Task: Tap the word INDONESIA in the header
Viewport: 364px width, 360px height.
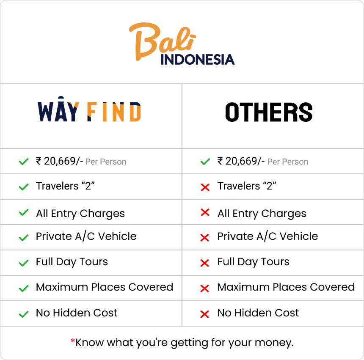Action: coord(198,59)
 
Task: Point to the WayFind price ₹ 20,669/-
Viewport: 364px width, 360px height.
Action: coord(59,161)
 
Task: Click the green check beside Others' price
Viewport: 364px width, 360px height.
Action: coord(205,162)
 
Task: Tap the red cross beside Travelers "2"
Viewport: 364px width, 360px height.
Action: coord(205,187)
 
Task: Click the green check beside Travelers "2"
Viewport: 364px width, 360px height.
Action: coord(24,187)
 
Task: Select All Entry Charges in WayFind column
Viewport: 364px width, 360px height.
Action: coord(80,214)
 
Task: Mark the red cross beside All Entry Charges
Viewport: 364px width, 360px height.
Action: coord(205,213)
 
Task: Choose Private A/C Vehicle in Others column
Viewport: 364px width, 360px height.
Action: coord(267,236)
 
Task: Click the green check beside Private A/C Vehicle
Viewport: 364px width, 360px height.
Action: coord(24,238)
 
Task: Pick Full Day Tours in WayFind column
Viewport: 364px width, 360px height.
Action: coord(72,262)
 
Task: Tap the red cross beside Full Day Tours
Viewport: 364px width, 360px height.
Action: coord(205,263)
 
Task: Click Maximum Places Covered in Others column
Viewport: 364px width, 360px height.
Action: coord(286,287)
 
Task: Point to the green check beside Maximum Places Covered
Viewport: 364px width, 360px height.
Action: coord(24,289)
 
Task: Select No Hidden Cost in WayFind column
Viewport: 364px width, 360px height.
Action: coord(77,313)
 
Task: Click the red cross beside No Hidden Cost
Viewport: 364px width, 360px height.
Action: coord(205,314)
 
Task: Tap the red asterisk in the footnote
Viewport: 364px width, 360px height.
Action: coord(73,341)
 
